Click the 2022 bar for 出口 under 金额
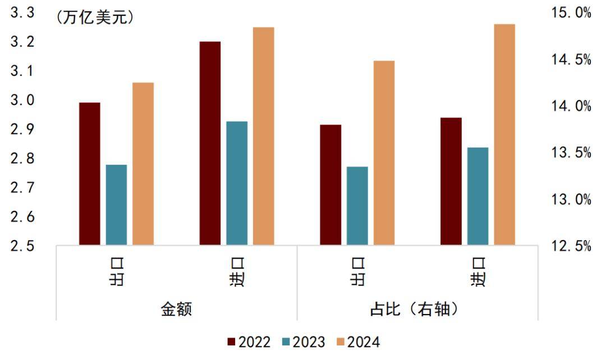pyautogui.click(x=89, y=174)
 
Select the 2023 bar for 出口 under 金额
pyautogui.click(x=116, y=205)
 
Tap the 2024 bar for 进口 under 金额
pyautogui.click(x=263, y=136)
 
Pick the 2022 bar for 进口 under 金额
pyautogui.click(x=210, y=143)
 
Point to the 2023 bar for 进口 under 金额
pyautogui.click(x=237, y=183)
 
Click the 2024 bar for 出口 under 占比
pyautogui.click(x=384, y=153)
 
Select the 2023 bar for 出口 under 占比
pyautogui.click(x=357, y=206)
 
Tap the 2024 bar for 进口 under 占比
pyautogui.click(x=504, y=135)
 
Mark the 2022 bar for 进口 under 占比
pyautogui.click(x=451, y=181)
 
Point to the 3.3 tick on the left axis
pyautogui.click(x=22, y=13)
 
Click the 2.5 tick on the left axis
pyautogui.click(x=22, y=246)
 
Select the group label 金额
pyautogui.click(x=176, y=309)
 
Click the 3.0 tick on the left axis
pyautogui.click(x=22, y=100)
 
